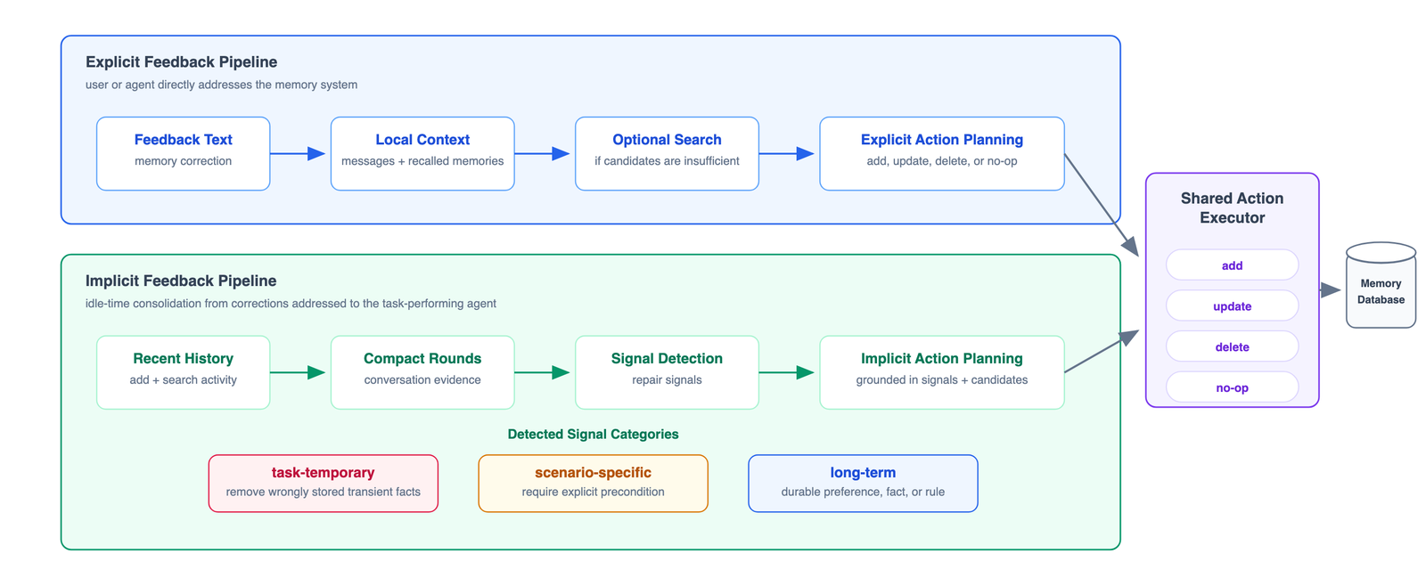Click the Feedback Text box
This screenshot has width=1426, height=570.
[184, 153]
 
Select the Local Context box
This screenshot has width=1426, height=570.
[422, 153]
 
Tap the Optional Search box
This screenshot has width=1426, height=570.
[668, 153]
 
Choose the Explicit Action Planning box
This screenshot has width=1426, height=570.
[942, 153]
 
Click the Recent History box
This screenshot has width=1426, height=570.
[184, 372]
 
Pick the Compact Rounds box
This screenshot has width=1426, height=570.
[422, 372]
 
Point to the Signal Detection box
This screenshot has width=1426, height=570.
[668, 372]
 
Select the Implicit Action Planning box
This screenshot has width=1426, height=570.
[942, 372]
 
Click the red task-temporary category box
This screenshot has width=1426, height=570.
[324, 484]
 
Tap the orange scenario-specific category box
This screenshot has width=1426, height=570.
[594, 484]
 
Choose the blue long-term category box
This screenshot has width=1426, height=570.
[864, 484]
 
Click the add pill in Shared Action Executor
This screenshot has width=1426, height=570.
[1233, 265]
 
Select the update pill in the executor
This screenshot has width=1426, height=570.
[1233, 305]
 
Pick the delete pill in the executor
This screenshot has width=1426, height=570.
[1233, 346]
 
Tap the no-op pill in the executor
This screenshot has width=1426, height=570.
[1233, 387]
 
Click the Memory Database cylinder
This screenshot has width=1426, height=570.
[1381, 285]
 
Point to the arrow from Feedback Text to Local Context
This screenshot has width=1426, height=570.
[298, 153]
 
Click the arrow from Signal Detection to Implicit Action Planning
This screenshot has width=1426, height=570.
[787, 372]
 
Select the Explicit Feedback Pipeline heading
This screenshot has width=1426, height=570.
[182, 61]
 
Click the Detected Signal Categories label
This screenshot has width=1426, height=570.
[594, 434]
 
